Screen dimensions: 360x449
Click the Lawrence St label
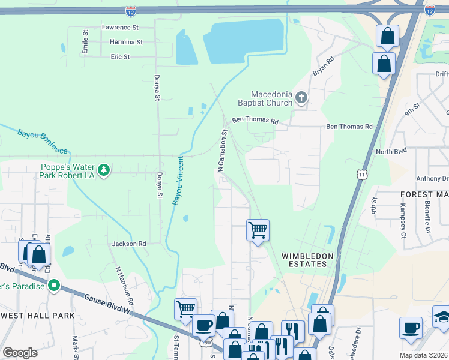pyautogui.click(x=120, y=28)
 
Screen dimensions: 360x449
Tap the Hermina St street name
pyautogui.click(x=126, y=43)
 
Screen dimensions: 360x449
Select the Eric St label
pyautogui.click(x=120, y=57)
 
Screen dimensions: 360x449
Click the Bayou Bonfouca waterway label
pyautogui.click(x=42, y=142)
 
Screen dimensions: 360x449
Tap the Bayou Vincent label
pyautogui.click(x=178, y=181)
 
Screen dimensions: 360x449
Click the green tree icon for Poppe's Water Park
pyautogui.click(x=104, y=171)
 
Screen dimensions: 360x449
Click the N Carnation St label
pyautogui.click(x=222, y=150)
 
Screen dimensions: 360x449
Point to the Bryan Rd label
pyautogui.click(x=322, y=65)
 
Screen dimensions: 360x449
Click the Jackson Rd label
pyautogui.click(x=129, y=244)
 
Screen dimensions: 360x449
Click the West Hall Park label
pyautogui.click(x=37, y=316)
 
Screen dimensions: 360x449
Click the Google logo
pyautogui.click(x=20, y=352)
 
